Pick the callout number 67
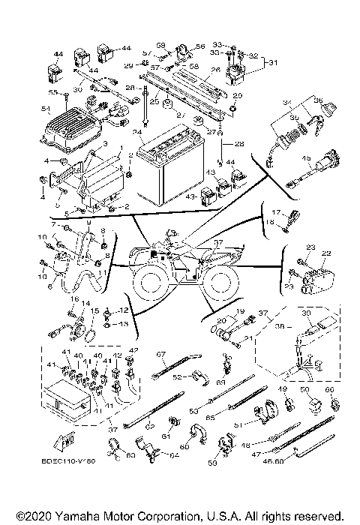click(x=160, y=353)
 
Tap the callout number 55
click(x=52, y=92)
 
